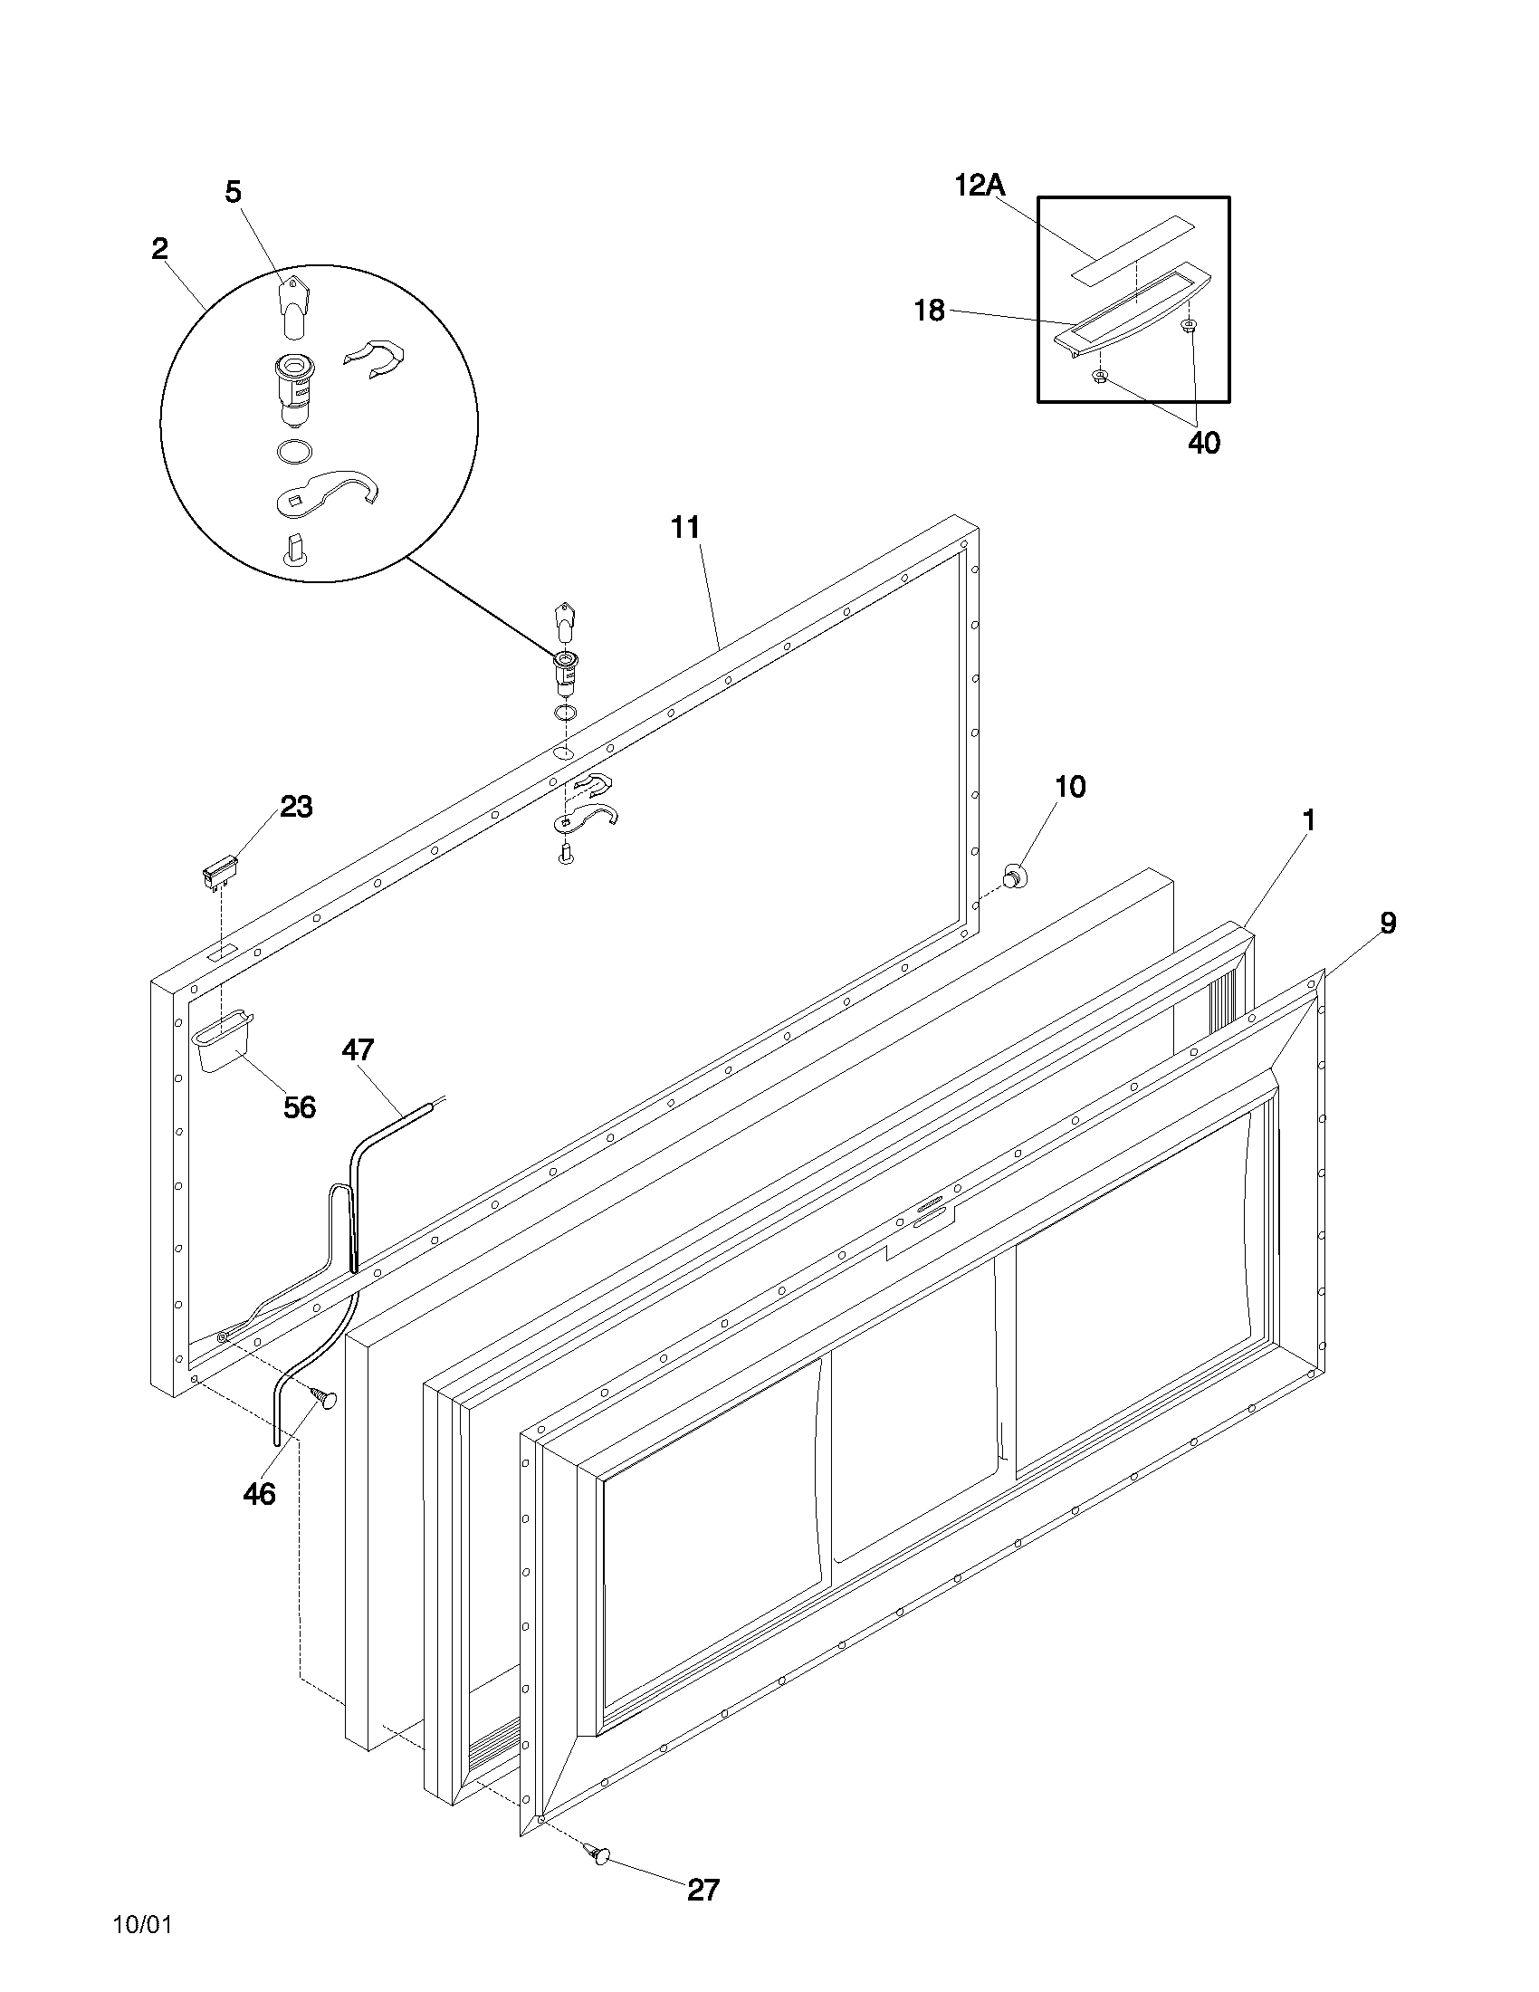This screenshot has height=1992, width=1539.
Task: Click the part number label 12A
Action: point(980,185)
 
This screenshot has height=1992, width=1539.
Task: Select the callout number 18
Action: point(929,311)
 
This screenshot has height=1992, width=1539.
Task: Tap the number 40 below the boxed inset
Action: point(1203,444)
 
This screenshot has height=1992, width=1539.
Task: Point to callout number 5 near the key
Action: point(234,192)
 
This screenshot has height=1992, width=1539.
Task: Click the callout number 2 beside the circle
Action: point(160,248)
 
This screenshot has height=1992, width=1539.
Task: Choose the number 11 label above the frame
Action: point(684,527)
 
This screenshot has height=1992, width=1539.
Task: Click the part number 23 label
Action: point(295,806)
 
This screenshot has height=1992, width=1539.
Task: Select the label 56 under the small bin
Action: point(299,1107)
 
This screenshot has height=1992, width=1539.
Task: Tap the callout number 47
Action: point(358,1049)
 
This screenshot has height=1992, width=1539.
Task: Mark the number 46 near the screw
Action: point(259,1494)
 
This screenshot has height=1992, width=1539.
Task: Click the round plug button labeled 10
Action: point(1013,876)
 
